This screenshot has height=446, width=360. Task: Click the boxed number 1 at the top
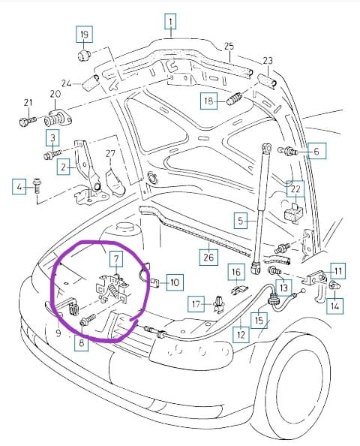tap(170, 22)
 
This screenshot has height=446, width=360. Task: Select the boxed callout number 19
tap(84, 35)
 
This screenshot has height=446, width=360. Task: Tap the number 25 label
tap(229, 47)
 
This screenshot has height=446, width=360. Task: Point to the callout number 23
tap(267, 60)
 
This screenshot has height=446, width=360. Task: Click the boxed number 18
tap(208, 101)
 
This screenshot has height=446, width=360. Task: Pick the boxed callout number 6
tap(316, 151)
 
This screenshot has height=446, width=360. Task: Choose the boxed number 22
tap(295, 189)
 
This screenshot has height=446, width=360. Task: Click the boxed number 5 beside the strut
tap(241, 221)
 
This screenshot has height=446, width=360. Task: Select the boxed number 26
tap(208, 257)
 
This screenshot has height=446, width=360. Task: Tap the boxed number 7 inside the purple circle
tap(116, 259)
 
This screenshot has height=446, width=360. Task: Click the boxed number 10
tap(175, 282)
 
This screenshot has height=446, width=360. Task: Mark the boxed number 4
tap(19, 187)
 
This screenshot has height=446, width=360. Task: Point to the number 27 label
tap(110, 154)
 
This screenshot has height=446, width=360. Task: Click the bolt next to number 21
tap(28, 121)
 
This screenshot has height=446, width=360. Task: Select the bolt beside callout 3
tap(52, 155)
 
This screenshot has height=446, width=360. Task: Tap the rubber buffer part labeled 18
tap(235, 98)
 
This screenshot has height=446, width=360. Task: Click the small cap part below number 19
tap(84, 54)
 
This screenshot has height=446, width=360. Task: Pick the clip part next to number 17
tap(219, 304)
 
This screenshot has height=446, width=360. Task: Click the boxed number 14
tap(334, 306)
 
